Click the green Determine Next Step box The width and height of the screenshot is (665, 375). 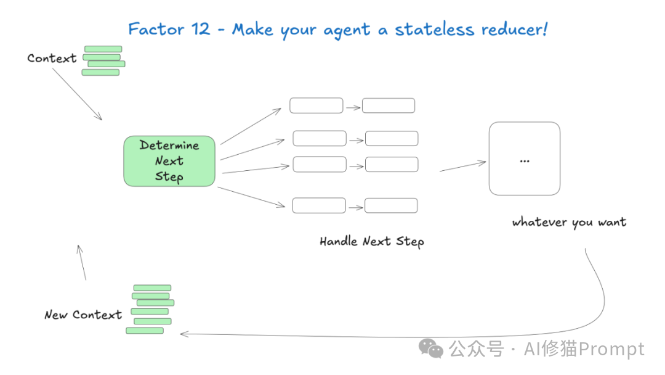click(x=169, y=161)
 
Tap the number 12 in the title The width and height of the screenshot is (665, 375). click(x=199, y=29)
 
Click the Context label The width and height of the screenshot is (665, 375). click(x=52, y=59)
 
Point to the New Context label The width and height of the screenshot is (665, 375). click(x=83, y=315)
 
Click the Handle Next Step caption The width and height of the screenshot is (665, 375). click(x=372, y=241)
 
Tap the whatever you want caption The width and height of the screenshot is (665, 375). click(x=569, y=222)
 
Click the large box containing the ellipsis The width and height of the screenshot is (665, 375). click(x=525, y=159)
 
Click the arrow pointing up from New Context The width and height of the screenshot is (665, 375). click(x=81, y=262)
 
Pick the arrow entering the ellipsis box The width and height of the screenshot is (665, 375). click(x=462, y=166)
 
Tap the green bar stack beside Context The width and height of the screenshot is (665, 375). click(x=103, y=60)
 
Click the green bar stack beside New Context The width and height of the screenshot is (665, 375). click(x=151, y=309)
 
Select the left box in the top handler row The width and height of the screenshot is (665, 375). click(x=316, y=105)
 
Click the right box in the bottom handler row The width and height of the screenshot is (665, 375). click(x=391, y=205)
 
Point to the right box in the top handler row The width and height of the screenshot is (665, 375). click(x=389, y=105)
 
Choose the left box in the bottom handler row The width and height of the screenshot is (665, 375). click(x=318, y=205)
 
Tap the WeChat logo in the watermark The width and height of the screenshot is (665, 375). click(x=431, y=349)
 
